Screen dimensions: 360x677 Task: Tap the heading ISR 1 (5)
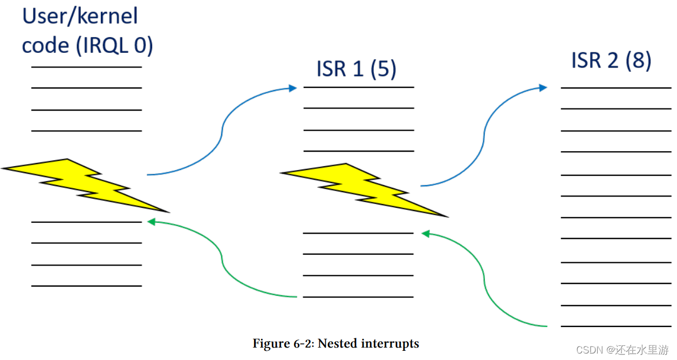356,69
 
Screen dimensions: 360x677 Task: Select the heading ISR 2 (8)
611,60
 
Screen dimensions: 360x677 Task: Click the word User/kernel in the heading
80,16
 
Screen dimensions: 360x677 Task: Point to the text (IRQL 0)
115,45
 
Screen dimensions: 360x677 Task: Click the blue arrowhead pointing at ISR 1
293,87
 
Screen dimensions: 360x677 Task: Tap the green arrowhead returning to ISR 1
426,234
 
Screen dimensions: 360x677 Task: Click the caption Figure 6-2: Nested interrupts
336,343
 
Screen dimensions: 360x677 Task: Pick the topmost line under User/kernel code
86,67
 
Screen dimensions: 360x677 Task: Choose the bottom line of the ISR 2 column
616,326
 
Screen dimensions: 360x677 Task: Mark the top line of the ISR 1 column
359,87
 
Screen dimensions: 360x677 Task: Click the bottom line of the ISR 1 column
359,297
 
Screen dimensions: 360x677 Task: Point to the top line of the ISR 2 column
616,87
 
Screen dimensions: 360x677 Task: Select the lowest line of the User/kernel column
86,286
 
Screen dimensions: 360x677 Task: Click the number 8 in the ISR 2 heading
638,60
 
